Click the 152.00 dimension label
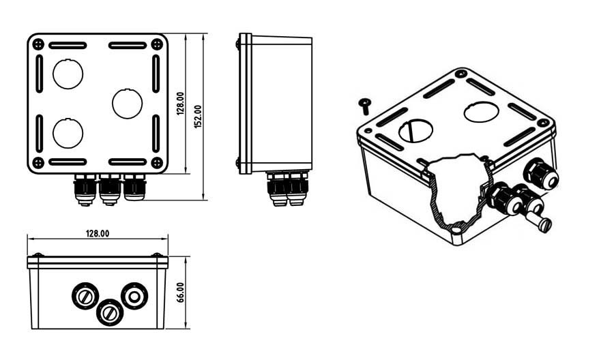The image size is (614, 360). click(198, 116)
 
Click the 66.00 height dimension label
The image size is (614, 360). click(180, 292)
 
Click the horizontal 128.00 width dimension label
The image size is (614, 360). click(98, 234)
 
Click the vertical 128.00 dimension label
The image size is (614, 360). click(180, 104)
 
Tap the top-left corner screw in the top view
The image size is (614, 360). click(38, 44)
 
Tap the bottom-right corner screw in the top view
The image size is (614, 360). click(157, 162)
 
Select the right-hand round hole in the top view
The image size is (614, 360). click(128, 104)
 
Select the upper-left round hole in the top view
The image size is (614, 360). click(68, 74)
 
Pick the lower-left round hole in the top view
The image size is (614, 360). click(68, 133)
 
